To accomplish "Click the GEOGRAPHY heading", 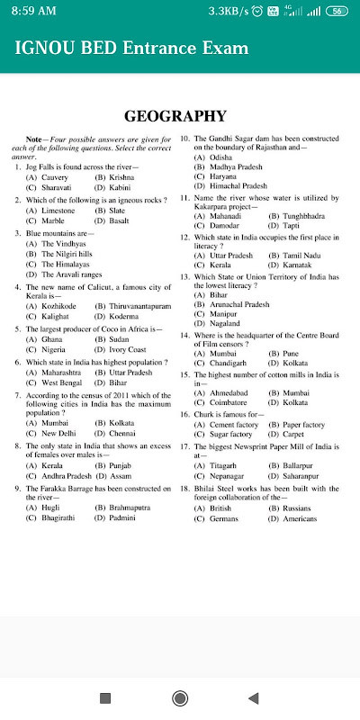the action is pyautogui.click(x=175, y=115).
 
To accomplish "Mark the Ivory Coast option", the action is pyautogui.click(x=122, y=349).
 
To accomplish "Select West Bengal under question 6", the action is pyautogui.click(x=54, y=382).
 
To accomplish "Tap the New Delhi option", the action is pyautogui.click(x=52, y=433).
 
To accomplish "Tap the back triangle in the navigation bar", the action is pyautogui.click(x=253, y=697).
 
